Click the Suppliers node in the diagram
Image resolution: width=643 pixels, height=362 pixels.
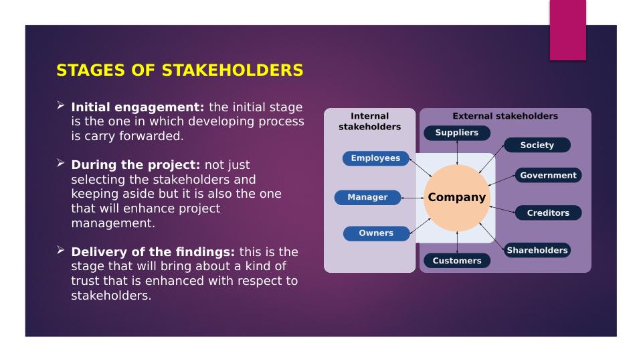(x=457, y=133)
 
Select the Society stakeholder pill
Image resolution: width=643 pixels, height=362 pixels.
(x=537, y=145)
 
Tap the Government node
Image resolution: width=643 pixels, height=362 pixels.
(x=548, y=175)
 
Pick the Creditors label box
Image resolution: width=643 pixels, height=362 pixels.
(x=548, y=213)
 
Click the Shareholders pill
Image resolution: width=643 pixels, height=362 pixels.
(x=537, y=250)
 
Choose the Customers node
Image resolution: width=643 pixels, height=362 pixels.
(x=457, y=261)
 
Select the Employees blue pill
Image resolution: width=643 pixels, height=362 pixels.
(x=375, y=158)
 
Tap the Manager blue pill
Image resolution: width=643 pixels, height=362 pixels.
(x=367, y=197)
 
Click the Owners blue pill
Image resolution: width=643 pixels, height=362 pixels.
(x=376, y=233)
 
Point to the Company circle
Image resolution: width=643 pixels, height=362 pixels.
(x=457, y=198)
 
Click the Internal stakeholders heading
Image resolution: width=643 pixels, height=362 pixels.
(x=369, y=121)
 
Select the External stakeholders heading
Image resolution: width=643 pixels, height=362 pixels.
(x=505, y=116)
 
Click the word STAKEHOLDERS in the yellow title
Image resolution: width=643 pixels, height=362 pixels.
(x=233, y=70)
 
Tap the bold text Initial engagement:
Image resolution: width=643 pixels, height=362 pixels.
(x=138, y=107)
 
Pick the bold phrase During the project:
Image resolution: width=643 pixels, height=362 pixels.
(x=136, y=165)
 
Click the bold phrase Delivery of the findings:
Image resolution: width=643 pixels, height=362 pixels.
(x=153, y=252)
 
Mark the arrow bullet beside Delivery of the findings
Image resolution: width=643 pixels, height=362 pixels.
(x=61, y=250)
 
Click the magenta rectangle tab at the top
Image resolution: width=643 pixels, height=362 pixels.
(x=568, y=30)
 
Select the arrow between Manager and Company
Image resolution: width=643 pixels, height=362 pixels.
(x=412, y=198)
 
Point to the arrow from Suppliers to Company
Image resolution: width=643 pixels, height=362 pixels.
(x=457, y=152)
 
